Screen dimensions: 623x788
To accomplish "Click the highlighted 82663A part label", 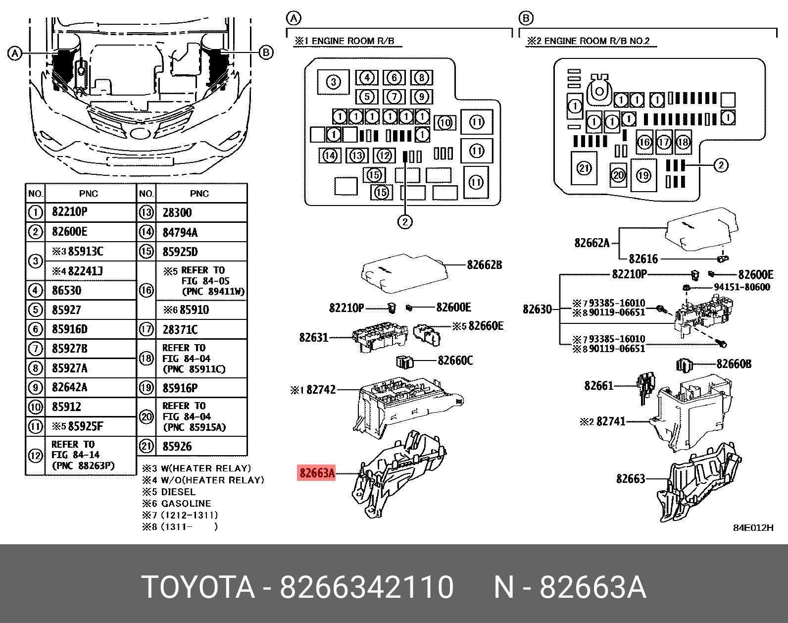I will click(317, 473).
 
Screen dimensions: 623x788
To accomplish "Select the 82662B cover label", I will click(484, 265).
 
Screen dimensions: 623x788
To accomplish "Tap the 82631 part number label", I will click(313, 338).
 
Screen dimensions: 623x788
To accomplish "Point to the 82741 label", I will click(611, 421).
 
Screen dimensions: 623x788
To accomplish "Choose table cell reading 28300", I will click(177, 213).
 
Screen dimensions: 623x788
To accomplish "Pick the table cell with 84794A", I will click(180, 232).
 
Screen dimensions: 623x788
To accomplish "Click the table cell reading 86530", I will click(66, 290).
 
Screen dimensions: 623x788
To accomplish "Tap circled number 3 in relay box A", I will click(333, 82).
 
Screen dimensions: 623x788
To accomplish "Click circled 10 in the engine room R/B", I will click(445, 122).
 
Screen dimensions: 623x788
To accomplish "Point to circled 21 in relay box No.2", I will click(584, 168).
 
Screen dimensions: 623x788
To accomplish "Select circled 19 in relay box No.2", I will click(643, 175).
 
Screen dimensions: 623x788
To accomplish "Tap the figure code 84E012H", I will click(753, 527).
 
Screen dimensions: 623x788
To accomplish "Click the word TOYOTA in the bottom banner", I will click(198, 587).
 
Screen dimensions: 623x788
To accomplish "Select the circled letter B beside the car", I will click(266, 52).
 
